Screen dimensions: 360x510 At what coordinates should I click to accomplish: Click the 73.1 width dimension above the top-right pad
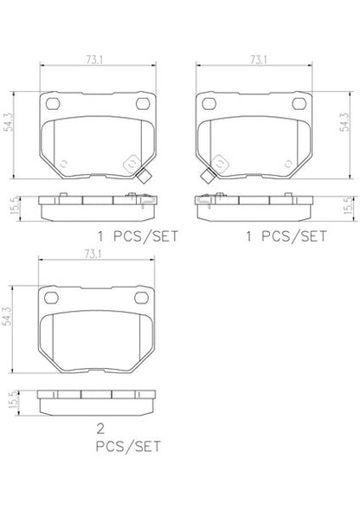point(259,60)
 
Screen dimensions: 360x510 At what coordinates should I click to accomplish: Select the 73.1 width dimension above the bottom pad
point(93,255)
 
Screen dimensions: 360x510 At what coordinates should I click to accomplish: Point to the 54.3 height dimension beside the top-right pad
point(344,122)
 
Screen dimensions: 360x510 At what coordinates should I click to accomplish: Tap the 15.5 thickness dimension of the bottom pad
point(14,400)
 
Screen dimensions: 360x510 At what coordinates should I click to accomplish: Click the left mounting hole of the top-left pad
point(53,104)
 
